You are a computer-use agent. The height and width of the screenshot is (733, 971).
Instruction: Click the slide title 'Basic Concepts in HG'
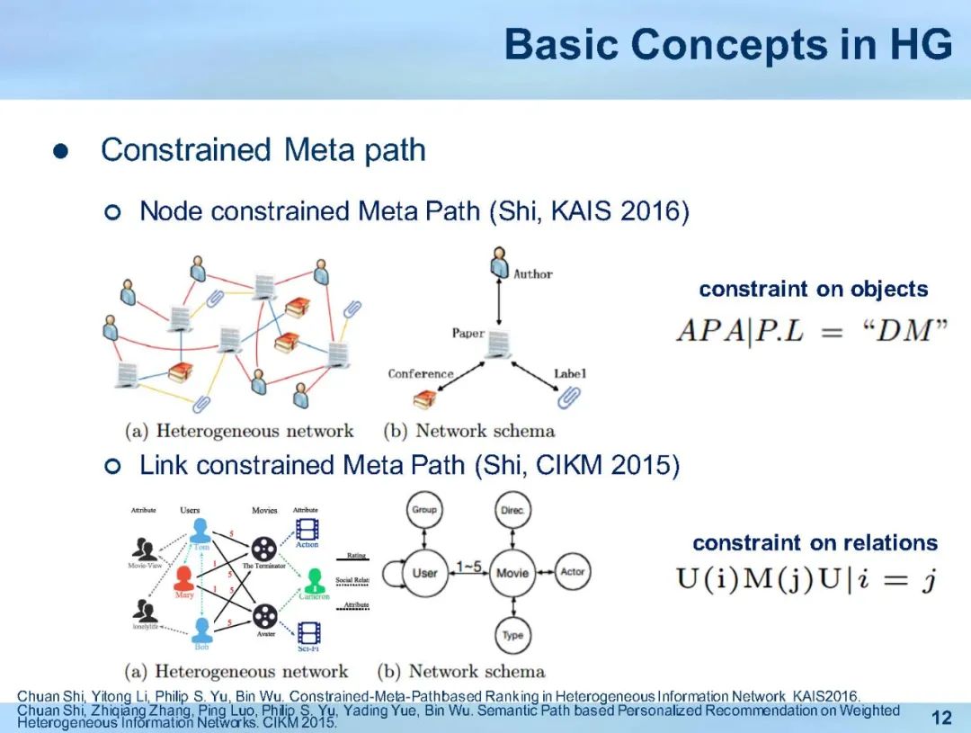pos(727,45)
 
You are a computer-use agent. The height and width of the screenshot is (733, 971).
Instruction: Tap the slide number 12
pos(941,717)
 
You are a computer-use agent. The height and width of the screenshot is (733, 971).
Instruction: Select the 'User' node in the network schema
pos(423,573)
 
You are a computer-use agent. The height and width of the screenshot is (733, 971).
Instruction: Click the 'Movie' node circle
pos(512,573)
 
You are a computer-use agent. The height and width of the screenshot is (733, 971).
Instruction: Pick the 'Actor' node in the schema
pos(572,572)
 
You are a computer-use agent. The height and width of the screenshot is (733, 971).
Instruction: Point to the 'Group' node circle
pos(423,510)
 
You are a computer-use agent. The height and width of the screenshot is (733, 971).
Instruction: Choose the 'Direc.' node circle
pos(512,510)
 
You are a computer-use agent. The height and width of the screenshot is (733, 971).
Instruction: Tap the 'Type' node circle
pos(512,635)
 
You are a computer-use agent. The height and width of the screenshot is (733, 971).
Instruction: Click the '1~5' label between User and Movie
pos(468,567)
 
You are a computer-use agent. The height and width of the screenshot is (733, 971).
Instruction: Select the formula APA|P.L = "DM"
pos(811,331)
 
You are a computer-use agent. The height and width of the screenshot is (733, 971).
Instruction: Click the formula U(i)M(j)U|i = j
pos(806,580)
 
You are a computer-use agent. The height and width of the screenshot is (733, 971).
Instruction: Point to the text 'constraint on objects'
pos(813,289)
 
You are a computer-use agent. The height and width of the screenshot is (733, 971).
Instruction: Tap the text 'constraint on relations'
pos(815,542)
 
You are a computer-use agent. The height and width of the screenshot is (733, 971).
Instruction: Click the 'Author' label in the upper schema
pos(532,273)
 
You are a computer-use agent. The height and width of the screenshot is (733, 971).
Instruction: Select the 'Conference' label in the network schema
pos(421,373)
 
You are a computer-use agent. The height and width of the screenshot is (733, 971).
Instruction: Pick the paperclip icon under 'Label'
pos(568,396)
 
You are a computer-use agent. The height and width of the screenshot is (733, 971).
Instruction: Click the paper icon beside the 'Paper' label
pos(500,343)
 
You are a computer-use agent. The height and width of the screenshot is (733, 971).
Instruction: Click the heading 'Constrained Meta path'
pos(263,149)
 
